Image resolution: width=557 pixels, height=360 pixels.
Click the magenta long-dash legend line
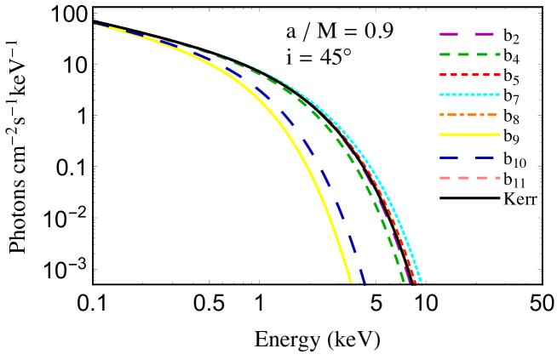(x=467, y=34)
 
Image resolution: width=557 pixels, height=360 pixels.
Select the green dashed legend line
(x=469, y=54)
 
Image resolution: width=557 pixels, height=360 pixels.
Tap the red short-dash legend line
(x=469, y=75)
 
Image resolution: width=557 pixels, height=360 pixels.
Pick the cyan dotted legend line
(x=469, y=94)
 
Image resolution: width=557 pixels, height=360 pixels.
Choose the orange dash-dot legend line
(x=468, y=115)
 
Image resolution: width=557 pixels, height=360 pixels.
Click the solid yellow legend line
(x=469, y=134)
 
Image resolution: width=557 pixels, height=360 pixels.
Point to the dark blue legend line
(x=467, y=158)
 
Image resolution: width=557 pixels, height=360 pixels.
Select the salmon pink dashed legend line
(x=469, y=178)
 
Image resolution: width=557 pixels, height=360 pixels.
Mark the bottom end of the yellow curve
(x=350, y=282)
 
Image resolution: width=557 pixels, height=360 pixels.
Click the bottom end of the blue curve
(x=364, y=282)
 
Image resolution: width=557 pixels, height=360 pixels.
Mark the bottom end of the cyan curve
(x=422, y=283)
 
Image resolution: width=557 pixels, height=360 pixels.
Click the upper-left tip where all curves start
(x=95, y=24)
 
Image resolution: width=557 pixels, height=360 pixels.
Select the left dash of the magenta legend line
(x=448, y=34)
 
